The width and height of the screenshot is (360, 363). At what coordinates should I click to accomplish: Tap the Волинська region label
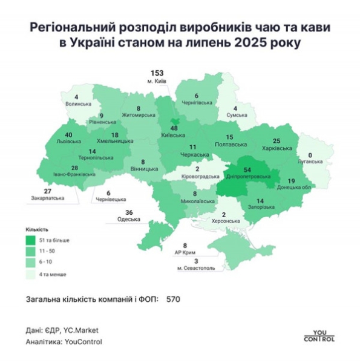pos(77,104)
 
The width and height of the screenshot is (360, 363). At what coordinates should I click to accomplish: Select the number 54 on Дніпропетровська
pos(246,169)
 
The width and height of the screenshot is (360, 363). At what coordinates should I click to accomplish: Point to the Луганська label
pos(312,163)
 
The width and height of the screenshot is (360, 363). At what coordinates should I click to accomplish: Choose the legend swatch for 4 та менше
pos(30,274)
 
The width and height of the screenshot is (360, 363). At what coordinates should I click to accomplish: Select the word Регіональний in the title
pos(67,28)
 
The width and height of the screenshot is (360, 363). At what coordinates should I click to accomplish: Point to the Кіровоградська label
pos(197,178)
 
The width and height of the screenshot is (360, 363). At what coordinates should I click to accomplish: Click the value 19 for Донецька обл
pos(290,181)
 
